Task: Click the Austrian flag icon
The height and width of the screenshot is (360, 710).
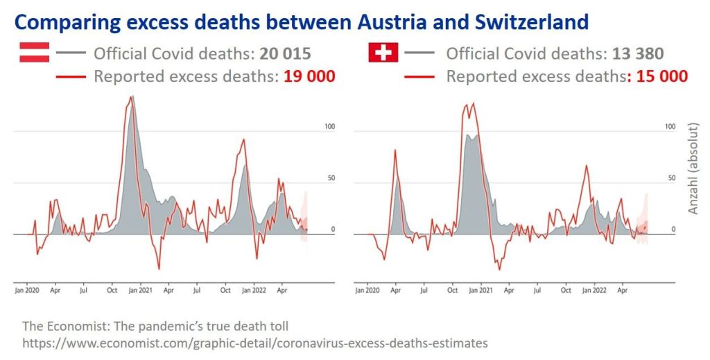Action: pos(34,53)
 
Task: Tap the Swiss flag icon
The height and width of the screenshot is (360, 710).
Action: pos(383,53)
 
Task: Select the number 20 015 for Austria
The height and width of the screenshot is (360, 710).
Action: pos(282,53)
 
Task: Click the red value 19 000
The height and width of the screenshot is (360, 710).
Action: pos(309,76)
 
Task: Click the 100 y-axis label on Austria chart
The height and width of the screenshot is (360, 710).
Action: pos(330,127)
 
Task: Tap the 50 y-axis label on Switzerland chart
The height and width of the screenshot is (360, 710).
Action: pos(671,178)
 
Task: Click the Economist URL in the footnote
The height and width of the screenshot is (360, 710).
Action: pos(254,343)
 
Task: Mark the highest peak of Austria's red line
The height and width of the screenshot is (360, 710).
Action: pos(131,96)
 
